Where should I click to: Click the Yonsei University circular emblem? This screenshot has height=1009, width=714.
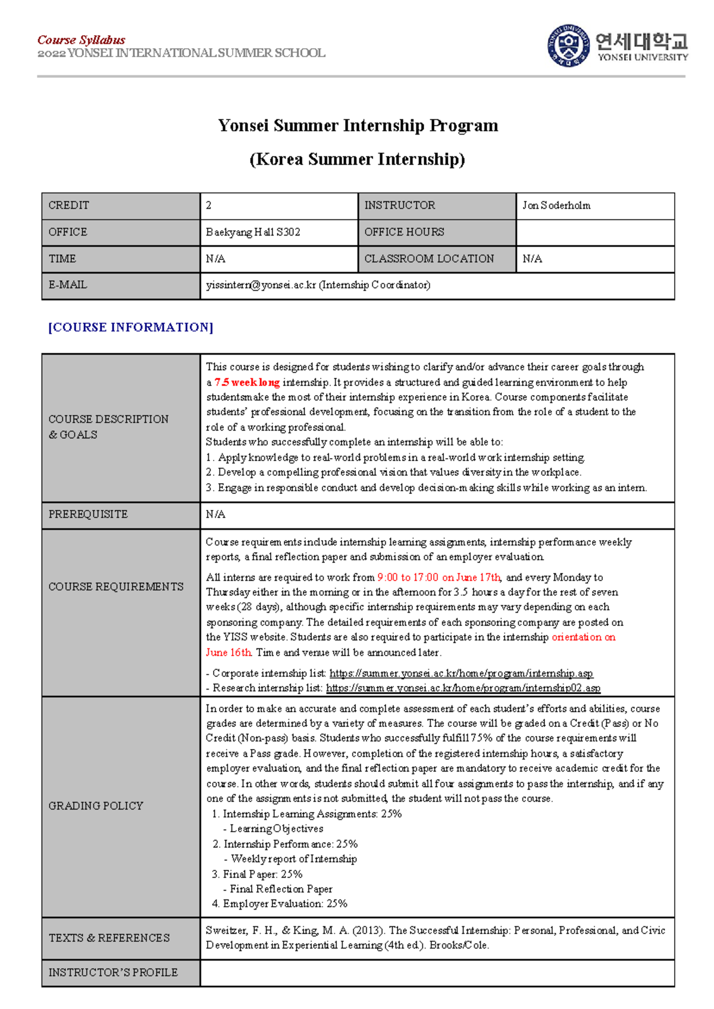[x=568, y=46]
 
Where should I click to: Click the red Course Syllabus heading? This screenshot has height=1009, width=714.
[x=81, y=40]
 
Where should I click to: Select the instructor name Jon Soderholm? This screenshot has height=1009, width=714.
[x=556, y=205]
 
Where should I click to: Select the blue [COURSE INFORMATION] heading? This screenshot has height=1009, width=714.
[x=130, y=327]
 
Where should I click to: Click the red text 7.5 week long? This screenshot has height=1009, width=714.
[x=247, y=382]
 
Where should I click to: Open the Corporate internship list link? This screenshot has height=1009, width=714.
[x=461, y=673]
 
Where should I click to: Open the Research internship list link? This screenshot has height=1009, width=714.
[x=463, y=688]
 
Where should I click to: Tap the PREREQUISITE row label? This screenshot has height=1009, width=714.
[x=88, y=514]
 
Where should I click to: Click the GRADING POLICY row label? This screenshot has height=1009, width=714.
[x=96, y=806]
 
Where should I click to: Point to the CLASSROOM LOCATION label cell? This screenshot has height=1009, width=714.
[x=429, y=259]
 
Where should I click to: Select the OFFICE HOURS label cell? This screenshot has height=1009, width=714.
[x=404, y=232]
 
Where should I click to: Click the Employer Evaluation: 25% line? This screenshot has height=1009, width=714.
[x=280, y=904]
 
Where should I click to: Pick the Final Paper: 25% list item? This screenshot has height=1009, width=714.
[x=257, y=874]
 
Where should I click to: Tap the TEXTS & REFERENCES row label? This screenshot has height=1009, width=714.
[x=109, y=938]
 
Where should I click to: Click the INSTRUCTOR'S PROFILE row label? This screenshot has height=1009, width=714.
[x=113, y=972]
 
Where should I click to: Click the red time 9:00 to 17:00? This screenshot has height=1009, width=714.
[x=408, y=577]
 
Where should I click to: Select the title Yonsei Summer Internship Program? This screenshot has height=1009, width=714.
[x=358, y=126]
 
